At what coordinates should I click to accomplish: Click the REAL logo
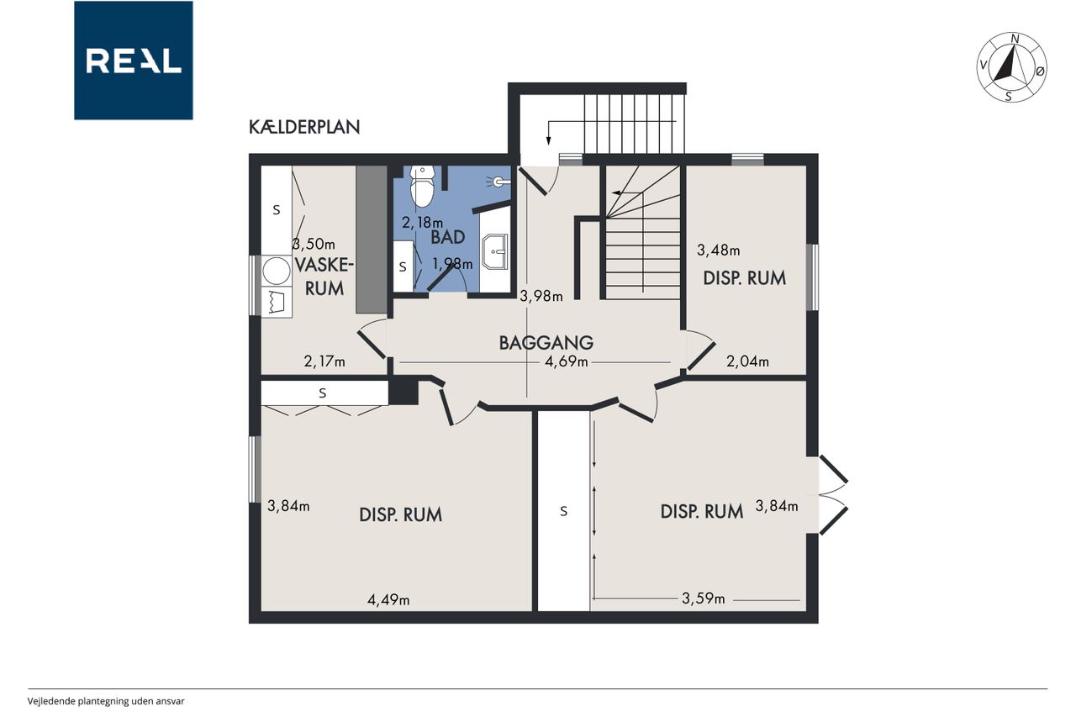point(134,61)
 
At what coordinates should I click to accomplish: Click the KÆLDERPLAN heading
point(304,127)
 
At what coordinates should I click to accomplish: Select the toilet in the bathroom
point(422,187)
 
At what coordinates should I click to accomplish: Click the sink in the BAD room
point(495,251)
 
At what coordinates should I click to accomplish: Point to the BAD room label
point(448,237)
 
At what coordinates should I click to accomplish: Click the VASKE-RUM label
point(324,277)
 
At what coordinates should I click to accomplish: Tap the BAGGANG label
point(546,343)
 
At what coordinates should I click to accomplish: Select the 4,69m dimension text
point(567,361)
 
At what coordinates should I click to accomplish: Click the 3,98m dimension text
point(541,297)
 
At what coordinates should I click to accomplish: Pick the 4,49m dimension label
point(388,600)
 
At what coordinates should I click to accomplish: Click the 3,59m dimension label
point(704,598)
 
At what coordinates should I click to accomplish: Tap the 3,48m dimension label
point(719,250)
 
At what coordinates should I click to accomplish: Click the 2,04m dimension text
point(747,361)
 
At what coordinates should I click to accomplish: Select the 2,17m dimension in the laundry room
point(324,361)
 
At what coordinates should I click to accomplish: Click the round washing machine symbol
point(277,272)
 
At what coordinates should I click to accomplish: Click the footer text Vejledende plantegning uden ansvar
point(106,701)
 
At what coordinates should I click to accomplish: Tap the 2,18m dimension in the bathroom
point(422,223)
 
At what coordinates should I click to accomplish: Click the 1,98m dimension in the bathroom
point(452,264)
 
